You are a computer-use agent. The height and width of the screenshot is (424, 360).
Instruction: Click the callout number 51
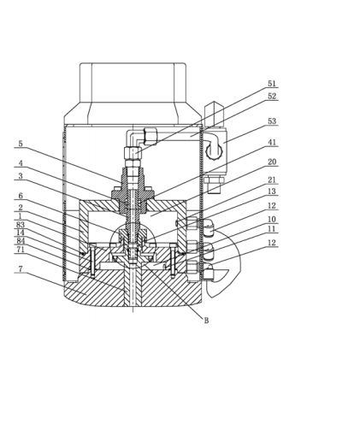272,84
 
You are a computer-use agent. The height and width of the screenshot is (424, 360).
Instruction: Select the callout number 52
272,97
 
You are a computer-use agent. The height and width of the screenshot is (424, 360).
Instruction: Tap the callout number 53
272,121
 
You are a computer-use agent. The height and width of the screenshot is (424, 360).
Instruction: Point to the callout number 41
272,142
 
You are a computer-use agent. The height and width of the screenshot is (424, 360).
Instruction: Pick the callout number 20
272,162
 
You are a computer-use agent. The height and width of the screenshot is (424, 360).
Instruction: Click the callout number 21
272,180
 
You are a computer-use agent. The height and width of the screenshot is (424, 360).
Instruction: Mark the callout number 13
272,191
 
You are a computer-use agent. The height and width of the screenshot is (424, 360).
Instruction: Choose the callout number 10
272,219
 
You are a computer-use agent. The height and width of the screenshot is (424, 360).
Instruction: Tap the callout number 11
272,229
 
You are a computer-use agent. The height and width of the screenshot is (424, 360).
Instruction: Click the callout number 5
21,144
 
